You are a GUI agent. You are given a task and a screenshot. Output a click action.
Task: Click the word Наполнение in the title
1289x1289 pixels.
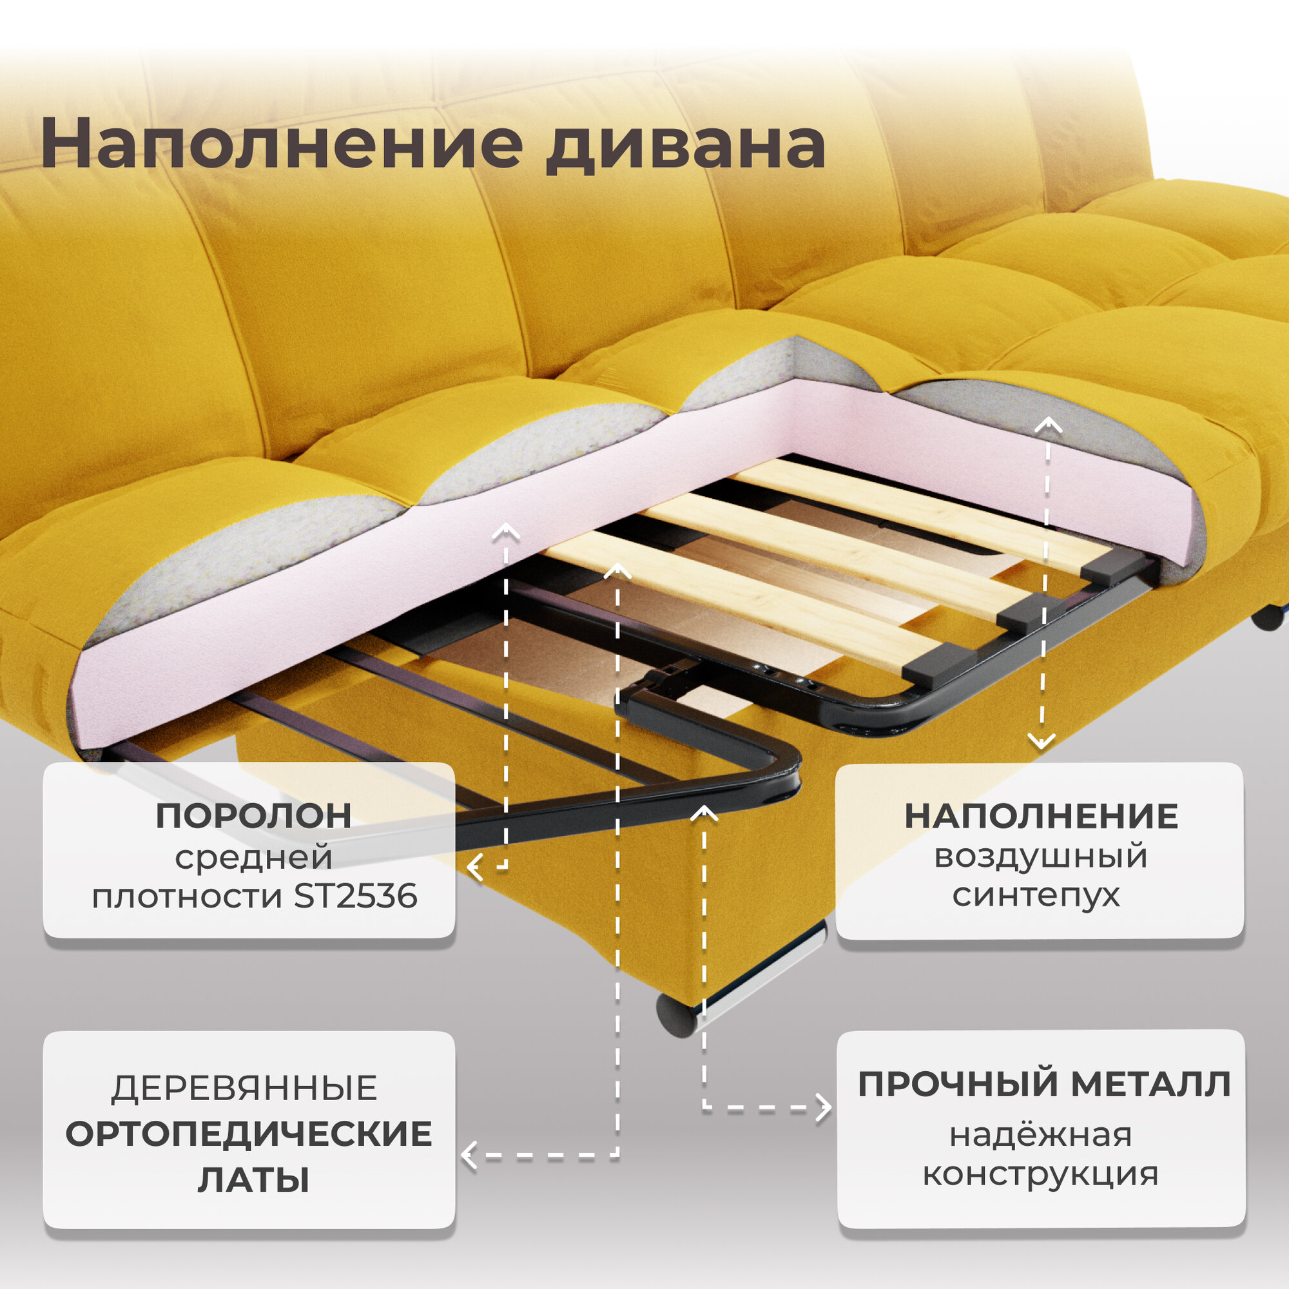click(x=280, y=144)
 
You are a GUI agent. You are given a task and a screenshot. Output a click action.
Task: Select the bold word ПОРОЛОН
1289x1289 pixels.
click(x=253, y=816)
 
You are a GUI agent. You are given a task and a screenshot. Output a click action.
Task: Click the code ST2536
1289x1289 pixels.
click(x=355, y=896)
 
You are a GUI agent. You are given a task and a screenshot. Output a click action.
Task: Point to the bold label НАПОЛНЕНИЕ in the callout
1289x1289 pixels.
click(x=1041, y=817)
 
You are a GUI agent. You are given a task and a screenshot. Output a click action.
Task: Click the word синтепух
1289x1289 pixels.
click(x=1036, y=895)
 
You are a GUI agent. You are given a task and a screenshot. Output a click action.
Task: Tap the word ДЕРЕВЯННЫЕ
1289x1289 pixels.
click(x=244, y=1088)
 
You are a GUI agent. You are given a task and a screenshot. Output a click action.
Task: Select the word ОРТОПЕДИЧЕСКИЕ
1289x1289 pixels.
click(x=249, y=1134)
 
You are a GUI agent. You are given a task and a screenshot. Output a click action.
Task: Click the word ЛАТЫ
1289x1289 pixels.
click(x=253, y=1179)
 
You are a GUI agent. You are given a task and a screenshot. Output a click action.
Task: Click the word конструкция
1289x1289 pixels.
click(x=1040, y=1174)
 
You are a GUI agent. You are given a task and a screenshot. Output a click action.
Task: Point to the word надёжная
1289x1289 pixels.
click(x=1041, y=1134)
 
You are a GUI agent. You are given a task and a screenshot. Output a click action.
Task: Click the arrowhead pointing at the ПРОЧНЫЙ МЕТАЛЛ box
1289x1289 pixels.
click(x=826, y=1109)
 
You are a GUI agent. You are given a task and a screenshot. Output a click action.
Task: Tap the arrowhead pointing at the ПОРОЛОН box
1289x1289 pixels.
click(x=474, y=868)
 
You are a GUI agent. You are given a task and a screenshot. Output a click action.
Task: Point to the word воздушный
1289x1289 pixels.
click(x=1041, y=856)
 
